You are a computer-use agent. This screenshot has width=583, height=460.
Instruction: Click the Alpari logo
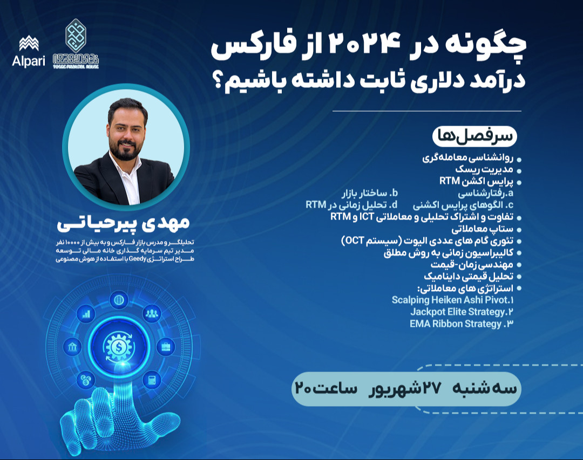(25, 51)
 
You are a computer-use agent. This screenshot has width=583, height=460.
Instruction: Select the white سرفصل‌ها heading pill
(474, 136)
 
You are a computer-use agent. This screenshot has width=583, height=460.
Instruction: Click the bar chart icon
(86, 313)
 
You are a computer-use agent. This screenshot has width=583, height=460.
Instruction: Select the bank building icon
(71, 347)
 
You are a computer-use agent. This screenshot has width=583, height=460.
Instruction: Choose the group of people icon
(151, 313)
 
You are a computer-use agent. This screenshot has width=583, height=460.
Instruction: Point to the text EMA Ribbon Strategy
(456, 324)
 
